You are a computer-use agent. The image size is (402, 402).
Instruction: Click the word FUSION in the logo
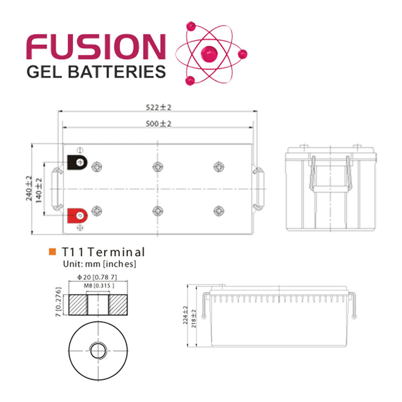point(96,47)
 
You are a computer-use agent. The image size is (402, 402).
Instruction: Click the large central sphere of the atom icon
point(209,53)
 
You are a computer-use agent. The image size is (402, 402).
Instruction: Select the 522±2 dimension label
point(158,107)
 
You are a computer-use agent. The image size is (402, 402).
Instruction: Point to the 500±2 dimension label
point(158,123)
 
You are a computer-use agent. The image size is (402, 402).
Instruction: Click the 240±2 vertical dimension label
point(29,189)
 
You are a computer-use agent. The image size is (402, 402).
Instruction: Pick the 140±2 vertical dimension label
point(39,189)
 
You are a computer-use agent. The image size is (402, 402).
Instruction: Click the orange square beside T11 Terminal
point(52,252)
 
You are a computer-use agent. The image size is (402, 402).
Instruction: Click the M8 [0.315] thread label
point(97,285)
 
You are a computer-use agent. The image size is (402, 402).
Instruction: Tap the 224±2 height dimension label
point(185,315)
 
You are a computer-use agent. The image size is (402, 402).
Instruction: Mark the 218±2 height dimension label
point(194,318)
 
